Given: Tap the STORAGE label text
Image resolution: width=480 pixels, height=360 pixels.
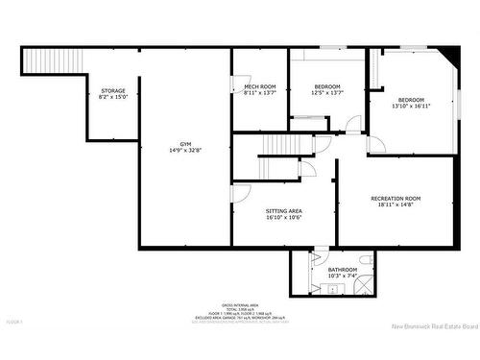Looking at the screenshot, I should coord(113,91).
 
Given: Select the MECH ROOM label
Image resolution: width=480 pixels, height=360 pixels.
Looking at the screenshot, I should coord(260,87).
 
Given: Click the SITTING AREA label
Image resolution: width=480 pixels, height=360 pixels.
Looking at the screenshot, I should coord(284,210).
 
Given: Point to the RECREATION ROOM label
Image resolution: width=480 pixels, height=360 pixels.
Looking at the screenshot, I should coord(396,199).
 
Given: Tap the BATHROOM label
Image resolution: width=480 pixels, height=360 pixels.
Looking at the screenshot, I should coord(343,270).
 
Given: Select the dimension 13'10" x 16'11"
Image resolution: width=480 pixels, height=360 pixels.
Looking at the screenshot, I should coord(412,106).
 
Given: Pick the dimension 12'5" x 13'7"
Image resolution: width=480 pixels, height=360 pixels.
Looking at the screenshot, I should coord(327,93).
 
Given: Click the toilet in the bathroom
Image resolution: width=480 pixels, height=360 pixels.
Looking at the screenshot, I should coord(366,260).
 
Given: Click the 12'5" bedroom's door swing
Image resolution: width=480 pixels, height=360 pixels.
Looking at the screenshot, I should coord(353,124).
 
